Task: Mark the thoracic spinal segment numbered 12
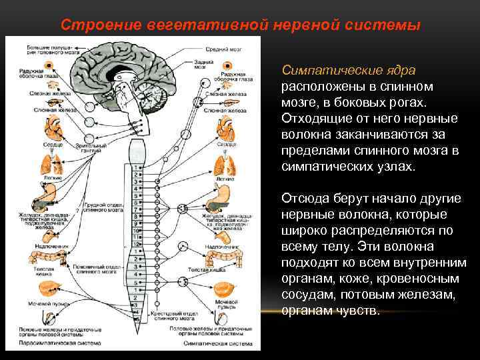coord(137,245)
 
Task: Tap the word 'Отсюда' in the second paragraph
coord(305,197)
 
